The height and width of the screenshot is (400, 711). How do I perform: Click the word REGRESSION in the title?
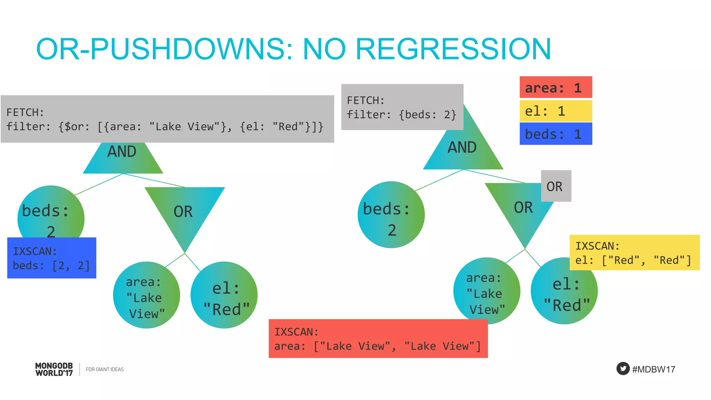click(453, 49)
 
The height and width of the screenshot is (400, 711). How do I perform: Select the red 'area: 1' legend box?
click(555, 87)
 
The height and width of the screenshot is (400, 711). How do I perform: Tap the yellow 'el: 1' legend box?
click(555, 111)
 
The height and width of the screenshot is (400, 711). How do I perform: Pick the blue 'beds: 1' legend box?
click(555, 134)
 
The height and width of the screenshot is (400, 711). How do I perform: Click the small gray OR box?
click(556, 186)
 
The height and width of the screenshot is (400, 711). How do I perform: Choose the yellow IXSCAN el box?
click(634, 253)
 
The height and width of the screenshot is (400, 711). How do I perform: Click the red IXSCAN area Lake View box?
click(378, 339)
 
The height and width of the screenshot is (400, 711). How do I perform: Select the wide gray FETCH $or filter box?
click(167, 119)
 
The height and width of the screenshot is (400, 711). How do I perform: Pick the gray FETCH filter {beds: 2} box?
click(402, 107)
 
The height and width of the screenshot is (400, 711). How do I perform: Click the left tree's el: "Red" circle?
click(224, 295)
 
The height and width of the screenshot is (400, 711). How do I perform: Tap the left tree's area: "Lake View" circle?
click(146, 295)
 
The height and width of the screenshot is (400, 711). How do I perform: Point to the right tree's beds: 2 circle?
click(391, 215)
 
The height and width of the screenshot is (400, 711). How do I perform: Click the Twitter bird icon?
click(623, 368)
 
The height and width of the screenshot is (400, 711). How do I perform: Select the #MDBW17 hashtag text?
click(653, 369)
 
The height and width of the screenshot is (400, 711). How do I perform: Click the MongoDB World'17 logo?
click(54, 369)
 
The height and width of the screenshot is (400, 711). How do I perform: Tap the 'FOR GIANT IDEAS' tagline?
click(104, 369)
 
